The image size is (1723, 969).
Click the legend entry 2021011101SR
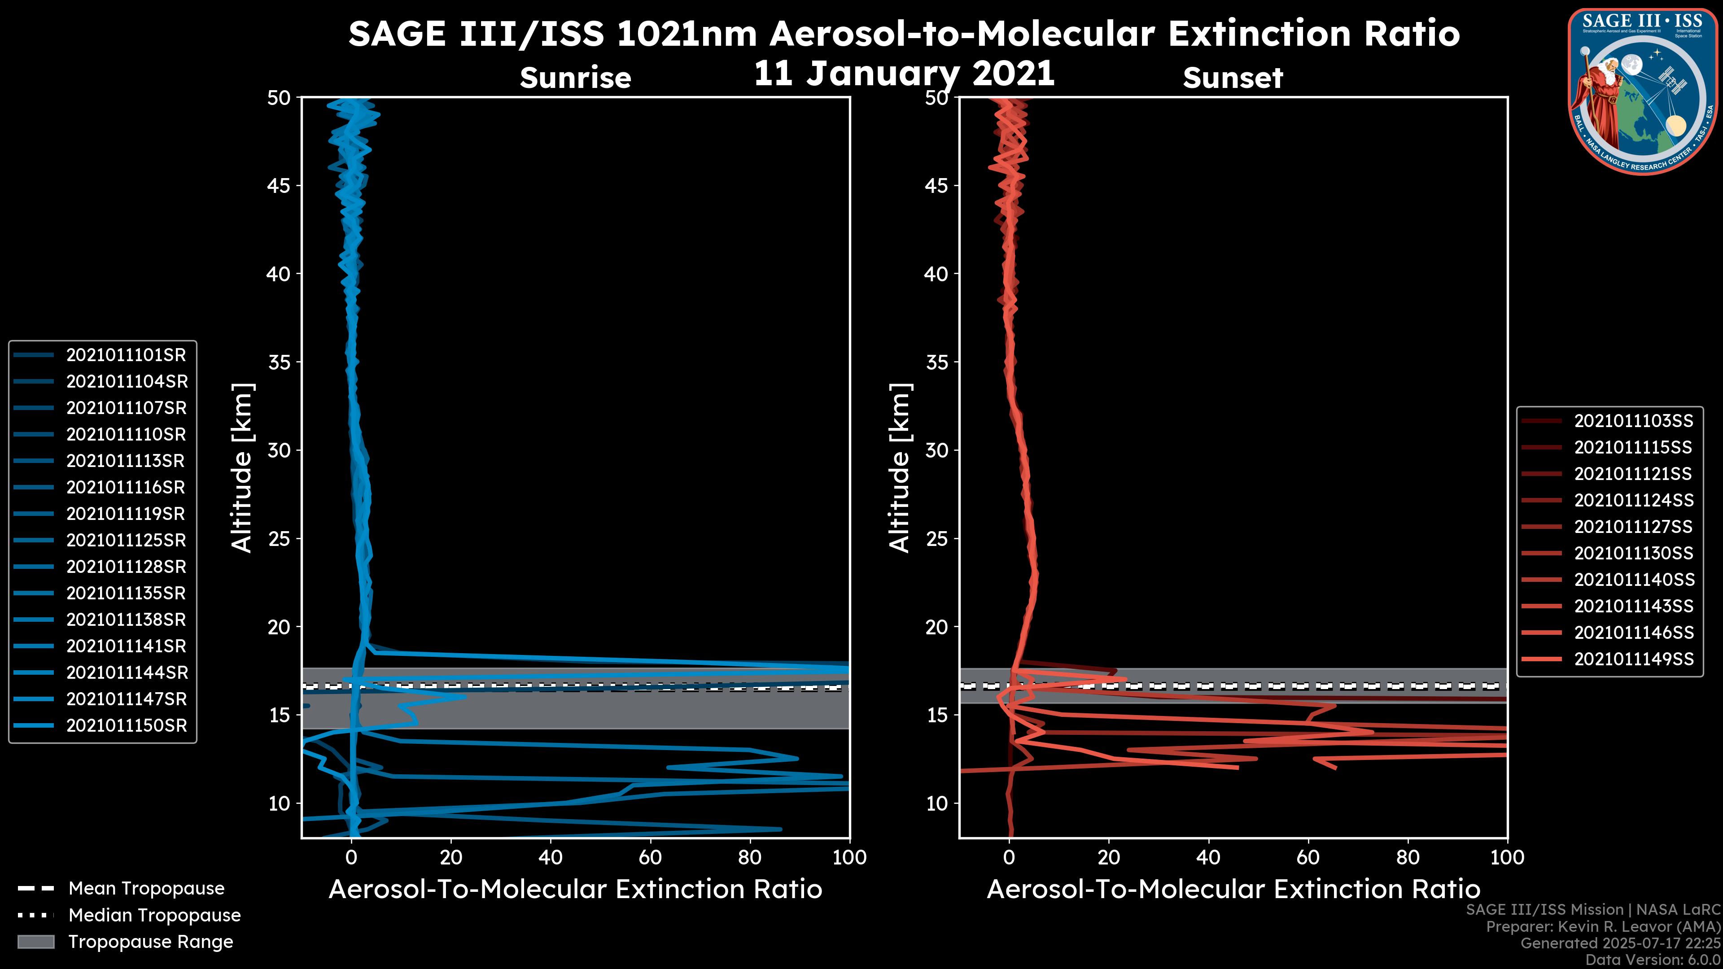(126, 355)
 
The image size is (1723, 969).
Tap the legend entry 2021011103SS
(1633, 421)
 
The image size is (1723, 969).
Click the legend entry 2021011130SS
(1633, 553)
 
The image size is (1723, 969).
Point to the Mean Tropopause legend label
(146, 888)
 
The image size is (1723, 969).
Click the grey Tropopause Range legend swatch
(36, 942)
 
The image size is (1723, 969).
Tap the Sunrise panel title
(575, 78)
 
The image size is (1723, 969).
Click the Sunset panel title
(1233, 78)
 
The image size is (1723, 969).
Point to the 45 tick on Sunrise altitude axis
(279, 186)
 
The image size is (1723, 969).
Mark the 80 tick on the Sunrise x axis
(750, 857)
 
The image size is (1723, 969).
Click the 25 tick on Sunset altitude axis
(937, 539)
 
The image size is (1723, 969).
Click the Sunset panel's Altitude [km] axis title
(900, 468)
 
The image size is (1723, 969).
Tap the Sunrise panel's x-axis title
(575, 890)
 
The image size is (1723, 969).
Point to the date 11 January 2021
(904, 74)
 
